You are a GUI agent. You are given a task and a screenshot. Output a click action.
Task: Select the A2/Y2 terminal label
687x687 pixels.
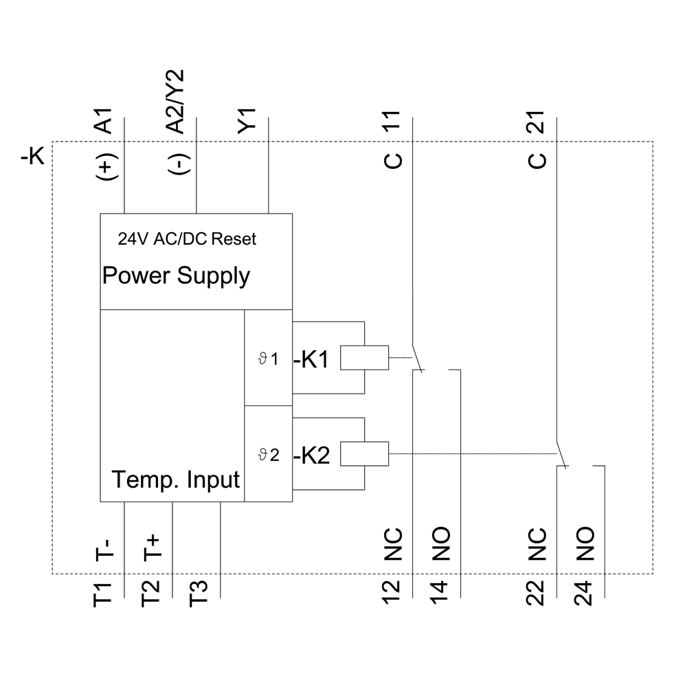[x=175, y=102]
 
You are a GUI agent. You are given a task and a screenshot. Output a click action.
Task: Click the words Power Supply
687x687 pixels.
[x=176, y=276]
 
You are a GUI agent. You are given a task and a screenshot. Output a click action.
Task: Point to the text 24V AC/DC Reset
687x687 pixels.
[x=187, y=239]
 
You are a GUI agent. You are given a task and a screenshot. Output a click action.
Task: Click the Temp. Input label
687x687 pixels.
[x=176, y=479]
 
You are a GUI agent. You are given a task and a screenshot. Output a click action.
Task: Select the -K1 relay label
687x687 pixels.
[x=312, y=360]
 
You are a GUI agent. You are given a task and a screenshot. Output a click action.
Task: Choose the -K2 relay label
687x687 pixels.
[x=312, y=455]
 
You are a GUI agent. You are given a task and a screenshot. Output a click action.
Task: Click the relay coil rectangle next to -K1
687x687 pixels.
[x=364, y=358]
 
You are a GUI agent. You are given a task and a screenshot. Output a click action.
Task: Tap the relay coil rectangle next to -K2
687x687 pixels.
[x=364, y=453]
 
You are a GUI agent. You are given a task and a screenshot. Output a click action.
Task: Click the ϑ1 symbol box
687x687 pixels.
[x=269, y=358]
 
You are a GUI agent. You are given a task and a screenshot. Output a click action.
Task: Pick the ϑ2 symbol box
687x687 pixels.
[x=269, y=454]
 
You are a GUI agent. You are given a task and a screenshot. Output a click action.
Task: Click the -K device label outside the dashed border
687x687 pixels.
[x=33, y=157]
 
